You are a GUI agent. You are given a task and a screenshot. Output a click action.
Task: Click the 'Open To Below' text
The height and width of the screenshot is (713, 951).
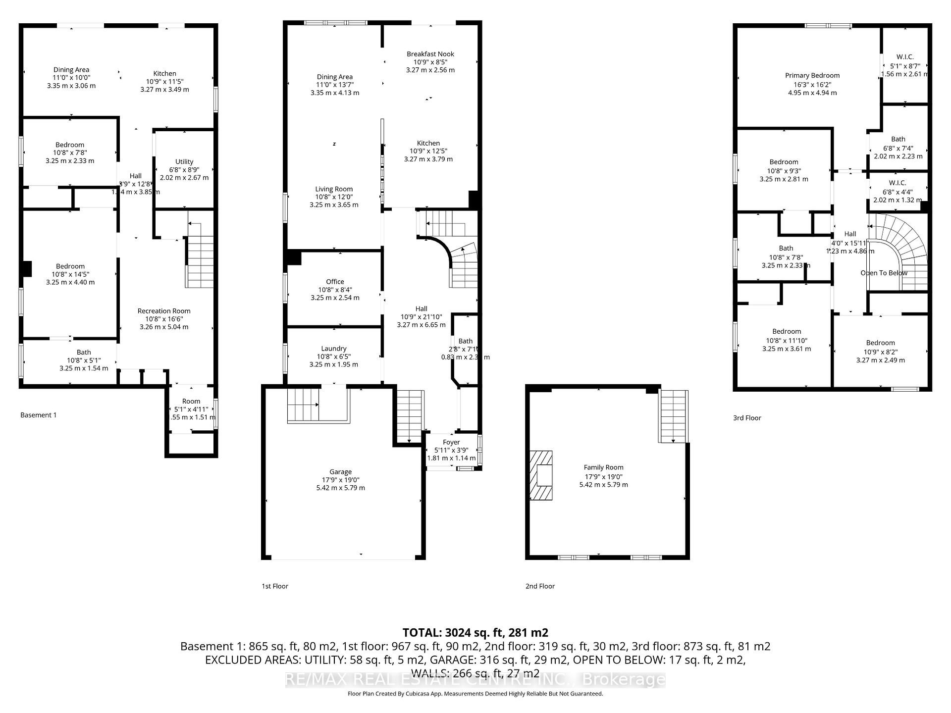884,273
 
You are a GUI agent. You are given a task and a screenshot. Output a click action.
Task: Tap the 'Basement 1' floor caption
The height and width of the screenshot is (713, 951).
39,415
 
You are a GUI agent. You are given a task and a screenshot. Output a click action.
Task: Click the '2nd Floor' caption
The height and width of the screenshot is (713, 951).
540,586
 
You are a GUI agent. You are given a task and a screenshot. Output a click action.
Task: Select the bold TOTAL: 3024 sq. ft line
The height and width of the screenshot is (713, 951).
475,632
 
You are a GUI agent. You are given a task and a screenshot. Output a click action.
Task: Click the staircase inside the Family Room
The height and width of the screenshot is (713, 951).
673,416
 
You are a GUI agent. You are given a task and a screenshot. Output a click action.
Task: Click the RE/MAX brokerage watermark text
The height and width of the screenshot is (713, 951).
475,680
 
